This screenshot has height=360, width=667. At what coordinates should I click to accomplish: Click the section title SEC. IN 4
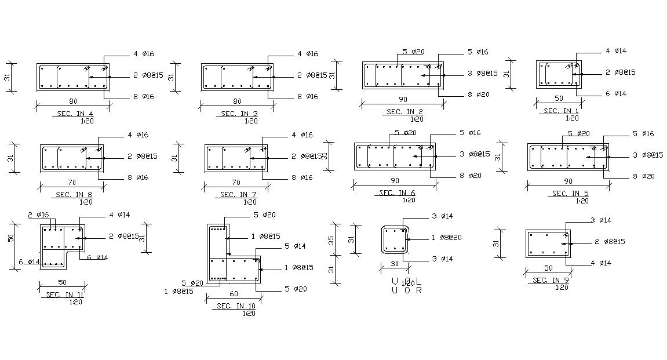coord(72,114)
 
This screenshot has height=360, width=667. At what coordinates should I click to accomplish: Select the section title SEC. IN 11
coord(64,295)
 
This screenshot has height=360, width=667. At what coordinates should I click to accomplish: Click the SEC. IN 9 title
coord(551,281)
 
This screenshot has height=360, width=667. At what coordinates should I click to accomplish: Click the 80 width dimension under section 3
coord(237,101)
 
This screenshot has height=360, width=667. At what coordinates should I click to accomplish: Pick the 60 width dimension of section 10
coord(234,294)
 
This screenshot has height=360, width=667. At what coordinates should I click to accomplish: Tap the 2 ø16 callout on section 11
coord(38,215)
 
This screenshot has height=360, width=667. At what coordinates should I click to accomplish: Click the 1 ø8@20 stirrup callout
coord(446,238)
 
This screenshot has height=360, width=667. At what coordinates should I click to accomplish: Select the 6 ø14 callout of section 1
coord(616,94)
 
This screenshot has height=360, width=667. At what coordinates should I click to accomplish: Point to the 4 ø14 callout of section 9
coord(602,263)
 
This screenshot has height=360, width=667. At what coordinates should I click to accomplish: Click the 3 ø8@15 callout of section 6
coord(475,154)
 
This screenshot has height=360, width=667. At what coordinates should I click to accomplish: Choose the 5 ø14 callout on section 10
coord(294,246)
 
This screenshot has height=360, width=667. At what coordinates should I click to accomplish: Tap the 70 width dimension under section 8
coord(72,182)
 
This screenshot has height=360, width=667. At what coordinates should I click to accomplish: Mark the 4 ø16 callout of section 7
coord(302,135)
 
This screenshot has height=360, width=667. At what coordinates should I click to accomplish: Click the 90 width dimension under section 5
coord(568,181)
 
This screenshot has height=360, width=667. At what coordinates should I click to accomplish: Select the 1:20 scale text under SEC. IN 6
coord(409,200)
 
